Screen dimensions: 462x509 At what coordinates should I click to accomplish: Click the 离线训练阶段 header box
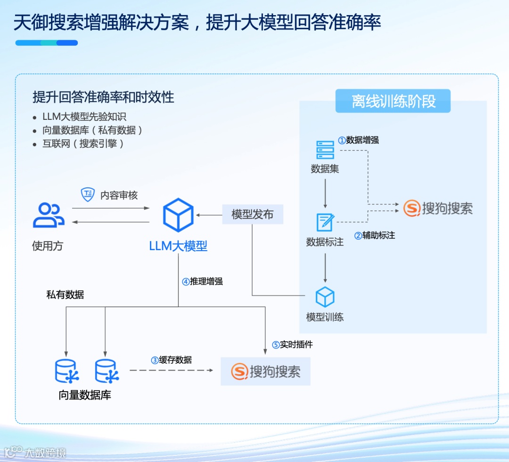pyautogui.click(x=393, y=101)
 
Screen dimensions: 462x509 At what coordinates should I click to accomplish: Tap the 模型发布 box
pyautogui.click(x=253, y=214)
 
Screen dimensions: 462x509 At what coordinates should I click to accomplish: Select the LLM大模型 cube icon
pyautogui.click(x=178, y=215)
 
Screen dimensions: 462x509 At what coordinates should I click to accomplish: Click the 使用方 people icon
pyautogui.click(x=49, y=215)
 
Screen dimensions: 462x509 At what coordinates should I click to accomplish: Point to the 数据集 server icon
pyautogui.click(x=325, y=150)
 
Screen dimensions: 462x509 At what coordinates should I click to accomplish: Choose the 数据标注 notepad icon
pyautogui.click(x=325, y=222)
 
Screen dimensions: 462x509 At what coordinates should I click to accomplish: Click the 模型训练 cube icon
pyautogui.click(x=325, y=297)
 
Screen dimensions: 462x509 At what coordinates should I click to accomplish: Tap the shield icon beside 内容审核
pyautogui.click(x=88, y=194)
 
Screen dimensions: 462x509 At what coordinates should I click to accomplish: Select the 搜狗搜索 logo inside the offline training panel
pyautogui.click(x=438, y=208)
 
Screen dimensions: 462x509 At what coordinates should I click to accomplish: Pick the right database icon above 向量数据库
pyautogui.click(x=106, y=371)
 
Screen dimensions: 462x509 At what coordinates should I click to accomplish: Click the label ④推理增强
pyautogui.click(x=202, y=282)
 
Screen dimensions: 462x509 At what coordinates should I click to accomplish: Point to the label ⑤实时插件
pyautogui.click(x=292, y=344)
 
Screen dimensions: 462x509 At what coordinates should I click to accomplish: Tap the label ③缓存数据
pyautogui.click(x=171, y=360)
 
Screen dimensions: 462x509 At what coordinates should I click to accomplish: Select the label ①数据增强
pyautogui.click(x=358, y=140)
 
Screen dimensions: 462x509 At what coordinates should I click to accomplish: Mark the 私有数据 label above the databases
pyautogui.click(x=65, y=295)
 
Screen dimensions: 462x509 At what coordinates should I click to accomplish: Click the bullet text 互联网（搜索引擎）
pyautogui.click(x=83, y=143)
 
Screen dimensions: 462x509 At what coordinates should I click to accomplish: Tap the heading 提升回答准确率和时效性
pyautogui.click(x=103, y=97)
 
